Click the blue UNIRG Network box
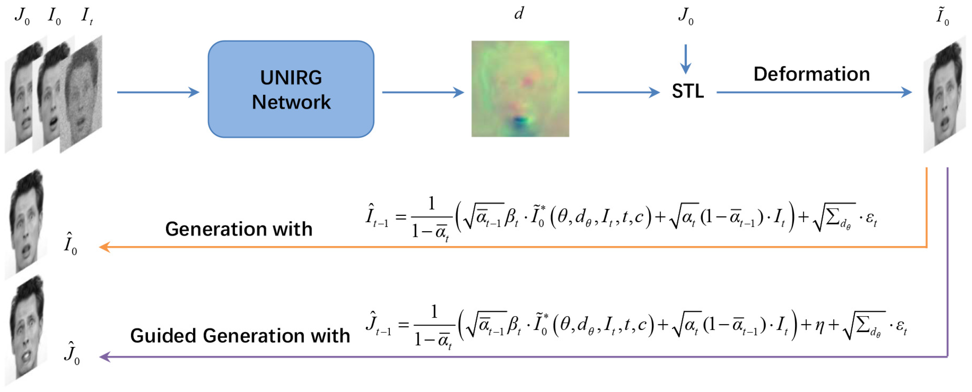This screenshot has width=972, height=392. [x=291, y=89]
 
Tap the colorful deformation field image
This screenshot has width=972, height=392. [x=520, y=88]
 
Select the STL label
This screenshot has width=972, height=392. [x=687, y=91]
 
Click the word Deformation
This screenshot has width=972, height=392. [x=811, y=74]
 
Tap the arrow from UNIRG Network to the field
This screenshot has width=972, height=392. [x=423, y=92]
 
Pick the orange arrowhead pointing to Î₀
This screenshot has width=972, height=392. [x=104, y=247]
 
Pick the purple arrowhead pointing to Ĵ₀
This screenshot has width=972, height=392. [x=104, y=357]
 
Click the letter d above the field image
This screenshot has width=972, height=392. [x=519, y=14]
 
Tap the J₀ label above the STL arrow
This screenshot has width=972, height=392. [x=685, y=16]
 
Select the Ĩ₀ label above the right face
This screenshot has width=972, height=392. [x=942, y=16]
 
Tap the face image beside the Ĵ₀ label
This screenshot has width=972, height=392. [x=26, y=330]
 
